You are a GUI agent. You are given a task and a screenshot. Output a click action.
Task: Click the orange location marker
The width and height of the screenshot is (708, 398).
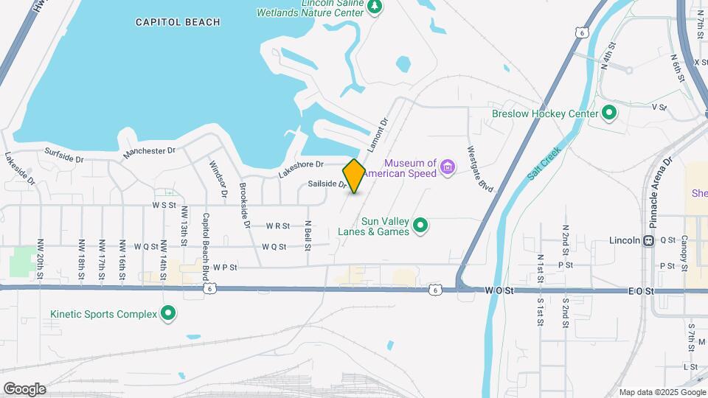354,176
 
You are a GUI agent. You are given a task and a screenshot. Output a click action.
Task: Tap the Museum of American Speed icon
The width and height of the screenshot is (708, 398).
447,168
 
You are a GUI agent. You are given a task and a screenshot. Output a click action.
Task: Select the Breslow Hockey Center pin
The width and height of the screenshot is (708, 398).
608,114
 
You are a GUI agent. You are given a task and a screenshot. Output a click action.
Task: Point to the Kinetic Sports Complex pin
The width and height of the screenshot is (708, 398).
168,314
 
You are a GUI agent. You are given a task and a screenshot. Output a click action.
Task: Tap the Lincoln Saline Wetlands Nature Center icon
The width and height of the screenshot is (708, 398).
375,7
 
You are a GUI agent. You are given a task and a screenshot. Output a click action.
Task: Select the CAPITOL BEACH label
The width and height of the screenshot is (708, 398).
178,22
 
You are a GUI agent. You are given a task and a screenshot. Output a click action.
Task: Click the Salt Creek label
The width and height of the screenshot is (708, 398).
545,164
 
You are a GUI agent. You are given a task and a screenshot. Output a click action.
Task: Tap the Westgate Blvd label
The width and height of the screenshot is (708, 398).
479,170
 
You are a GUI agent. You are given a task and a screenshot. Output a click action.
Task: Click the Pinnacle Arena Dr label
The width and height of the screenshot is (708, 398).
658,181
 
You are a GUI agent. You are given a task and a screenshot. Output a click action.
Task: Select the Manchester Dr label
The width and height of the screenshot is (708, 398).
150,151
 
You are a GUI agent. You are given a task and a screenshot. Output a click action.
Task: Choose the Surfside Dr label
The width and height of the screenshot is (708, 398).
64,156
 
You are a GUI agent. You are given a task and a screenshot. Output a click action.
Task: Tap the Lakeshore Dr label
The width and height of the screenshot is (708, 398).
301,169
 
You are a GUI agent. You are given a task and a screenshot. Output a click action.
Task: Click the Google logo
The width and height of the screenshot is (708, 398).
24,389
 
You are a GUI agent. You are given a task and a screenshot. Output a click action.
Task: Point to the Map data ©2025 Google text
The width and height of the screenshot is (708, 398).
662,392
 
